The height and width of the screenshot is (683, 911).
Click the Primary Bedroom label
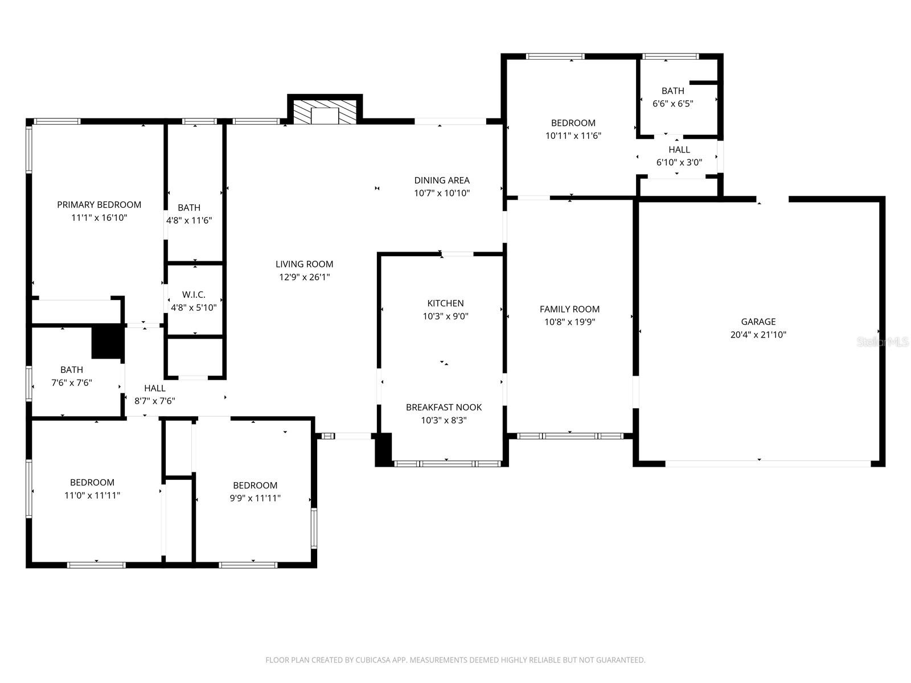tap(99, 205)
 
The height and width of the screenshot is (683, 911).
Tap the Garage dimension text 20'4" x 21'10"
tap(758, 335)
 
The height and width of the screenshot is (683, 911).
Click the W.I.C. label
tap(194, 294)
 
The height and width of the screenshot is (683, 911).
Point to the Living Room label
tap(304, 264)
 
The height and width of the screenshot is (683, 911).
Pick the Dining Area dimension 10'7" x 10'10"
tap(442, 194)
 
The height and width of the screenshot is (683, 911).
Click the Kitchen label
tap(445, 303)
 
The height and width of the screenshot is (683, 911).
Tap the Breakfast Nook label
tap(444, 408)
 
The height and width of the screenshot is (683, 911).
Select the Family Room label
tap(569, 309)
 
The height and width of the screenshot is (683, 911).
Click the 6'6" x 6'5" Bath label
tap(672, 91)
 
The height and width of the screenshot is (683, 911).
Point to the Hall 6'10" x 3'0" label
tap(679, 150)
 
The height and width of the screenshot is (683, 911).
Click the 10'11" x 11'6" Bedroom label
tap(573, 123)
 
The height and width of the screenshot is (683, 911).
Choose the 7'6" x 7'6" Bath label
tap(72, 370)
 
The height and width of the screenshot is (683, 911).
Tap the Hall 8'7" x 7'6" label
tap(154, 388)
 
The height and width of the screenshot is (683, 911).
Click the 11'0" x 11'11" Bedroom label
tap(92, 483)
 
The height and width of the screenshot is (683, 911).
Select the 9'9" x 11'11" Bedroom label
tap(255, 485)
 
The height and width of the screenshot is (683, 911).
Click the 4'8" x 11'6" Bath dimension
tap(189, 220)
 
